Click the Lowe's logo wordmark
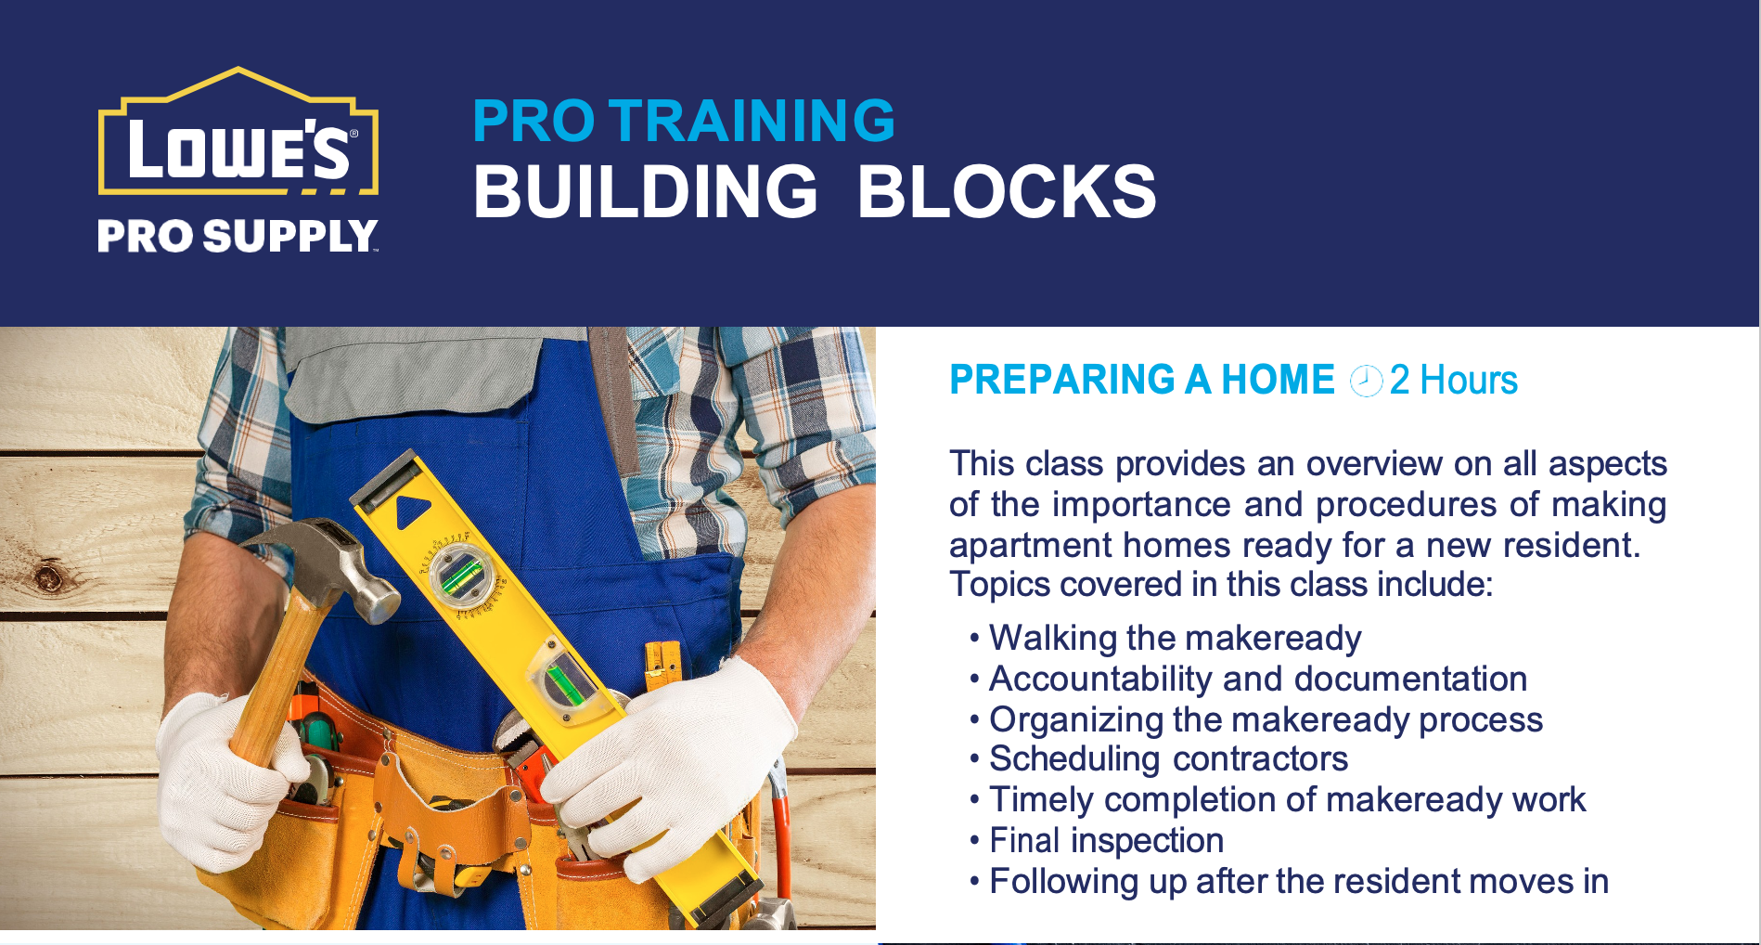[x=239, y=149]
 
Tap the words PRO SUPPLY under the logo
[x=238, y=237]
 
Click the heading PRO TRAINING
[x=684, y=121]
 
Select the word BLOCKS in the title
[x=1007, y=192]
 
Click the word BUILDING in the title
[x=646, y=192]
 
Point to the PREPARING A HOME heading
[x=1141, y=380]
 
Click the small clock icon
[x=1366, y=381]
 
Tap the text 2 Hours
[x=1453, y=380]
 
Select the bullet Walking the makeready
[x=1175, y=639]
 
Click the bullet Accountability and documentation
[x=1257, y=679]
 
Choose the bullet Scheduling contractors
[x=1168, y=759]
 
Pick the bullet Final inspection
[x=1106, y=840]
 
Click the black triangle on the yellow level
[x=411, y=512]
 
